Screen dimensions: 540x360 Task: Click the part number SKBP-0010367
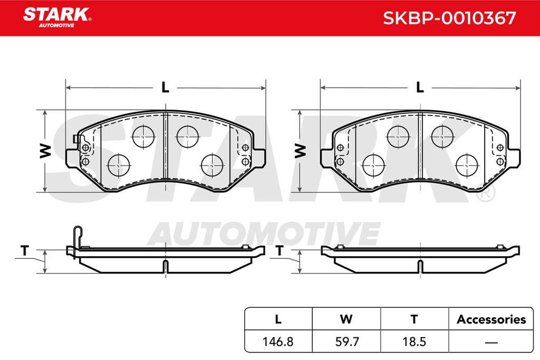(x=450, y=18)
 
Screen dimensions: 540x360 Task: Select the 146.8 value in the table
(x=278, y=342)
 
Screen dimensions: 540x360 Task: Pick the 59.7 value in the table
(x=346, y=342)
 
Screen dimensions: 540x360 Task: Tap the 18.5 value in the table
(x=414, y=342)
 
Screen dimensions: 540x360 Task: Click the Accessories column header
(x=491, y=319)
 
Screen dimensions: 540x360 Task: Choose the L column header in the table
(x=278, y=319)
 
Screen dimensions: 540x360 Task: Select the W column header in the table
(x=346, y=319)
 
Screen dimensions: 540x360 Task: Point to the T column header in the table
(x=414, y=319)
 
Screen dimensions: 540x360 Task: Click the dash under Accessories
(x=491, y=343)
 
